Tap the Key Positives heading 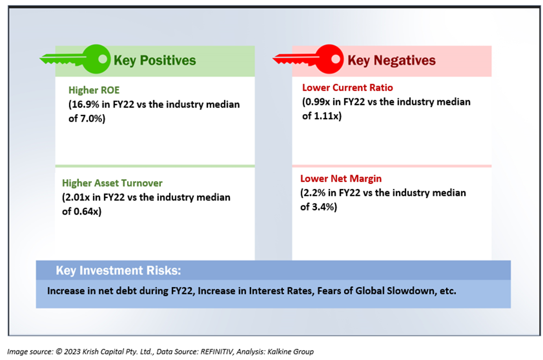click(x=155, y=61)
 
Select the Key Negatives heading click(x=392, y=61)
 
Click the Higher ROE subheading click(x=94, y=90)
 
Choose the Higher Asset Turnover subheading click(x=112, y=183)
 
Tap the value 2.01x click(x=77, y=197)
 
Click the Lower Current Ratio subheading click(x=347, y=88)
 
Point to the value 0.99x click(x=317, y=102)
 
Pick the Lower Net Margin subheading click(x=341, y=179)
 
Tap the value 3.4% click(x=323, y=207)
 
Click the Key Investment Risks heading click(x=119, y=270)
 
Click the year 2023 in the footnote click(x=72, y=352)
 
